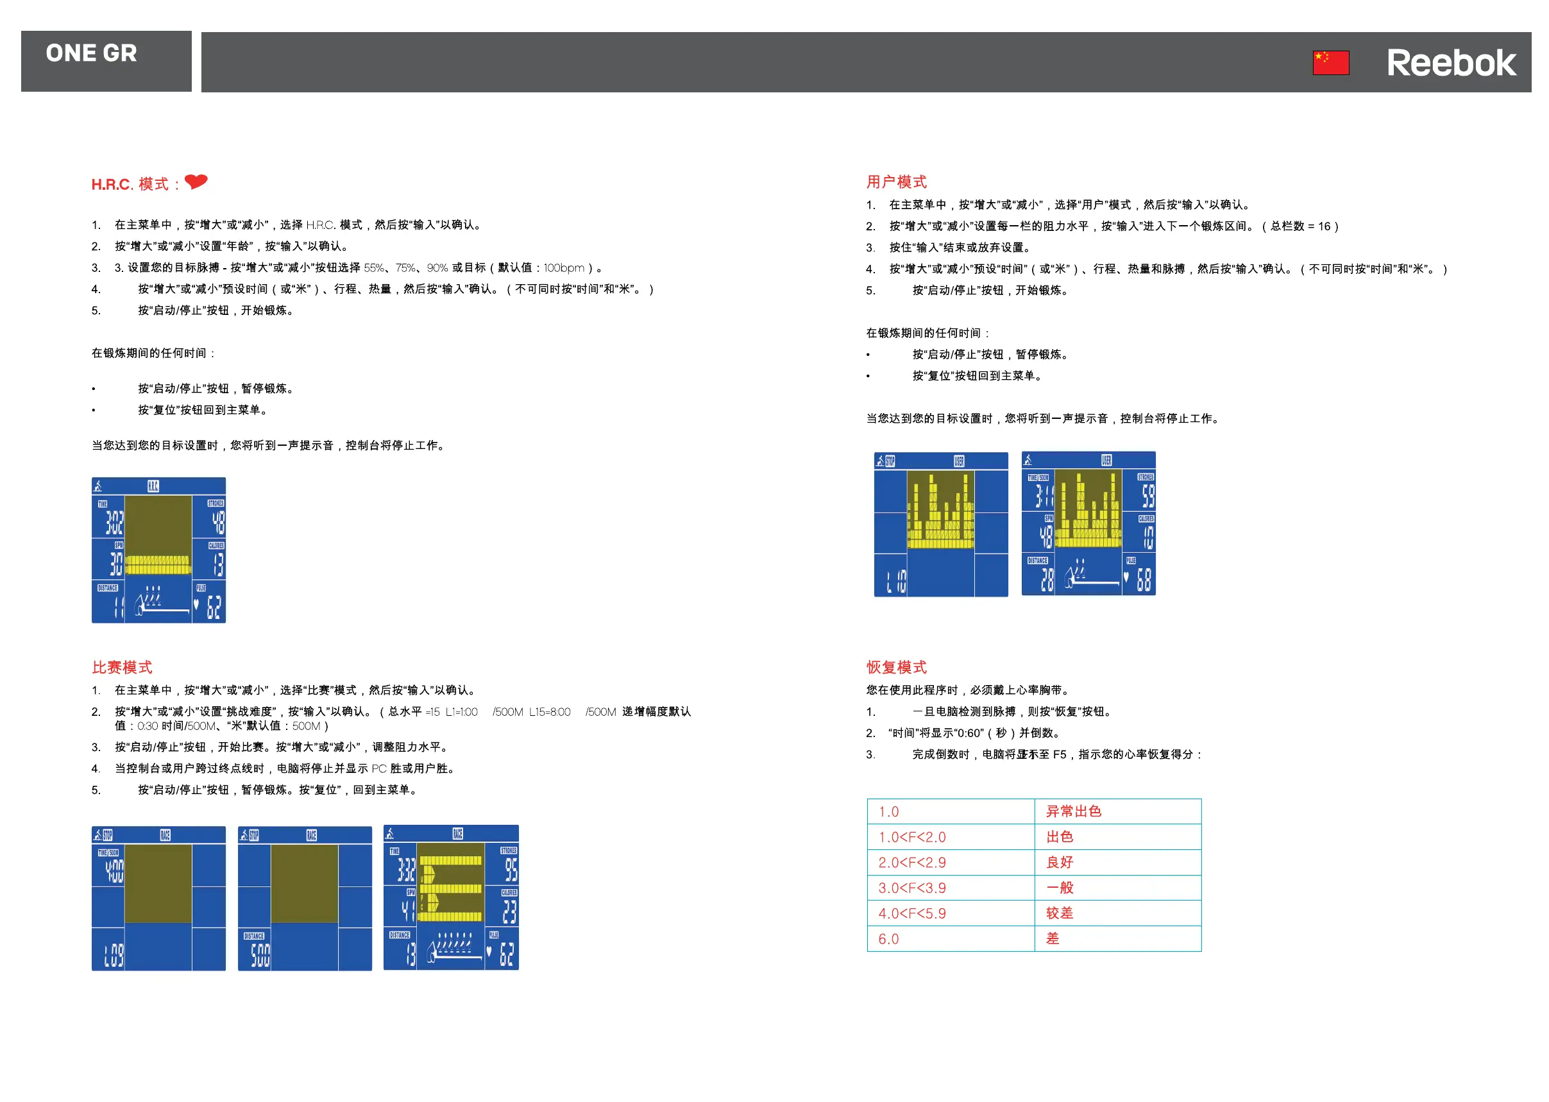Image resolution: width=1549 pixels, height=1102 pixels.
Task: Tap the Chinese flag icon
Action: [x=1330, y=62]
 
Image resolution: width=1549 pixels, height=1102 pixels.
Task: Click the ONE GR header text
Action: [x=92, y=53]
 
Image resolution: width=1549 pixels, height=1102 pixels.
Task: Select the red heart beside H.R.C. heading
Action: [x=196, y=181]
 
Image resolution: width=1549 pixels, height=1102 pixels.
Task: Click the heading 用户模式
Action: [x=895, y=182]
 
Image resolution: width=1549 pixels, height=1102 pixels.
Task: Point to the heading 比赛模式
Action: [x=122, y=667]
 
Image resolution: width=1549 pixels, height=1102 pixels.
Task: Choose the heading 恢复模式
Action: [x=895, y=667]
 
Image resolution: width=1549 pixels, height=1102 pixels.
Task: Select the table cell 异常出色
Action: [x=1073, y=811]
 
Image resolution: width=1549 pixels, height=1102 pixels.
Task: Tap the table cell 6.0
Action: [x=888, y=939]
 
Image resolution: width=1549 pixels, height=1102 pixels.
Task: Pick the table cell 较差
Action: [x=1059, y=913]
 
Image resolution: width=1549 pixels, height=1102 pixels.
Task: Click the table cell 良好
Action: [x=1059, y=863]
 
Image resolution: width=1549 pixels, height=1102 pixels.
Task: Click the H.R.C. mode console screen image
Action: [x=159, y=550]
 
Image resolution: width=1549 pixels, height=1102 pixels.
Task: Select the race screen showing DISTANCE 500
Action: [x=305, y=899]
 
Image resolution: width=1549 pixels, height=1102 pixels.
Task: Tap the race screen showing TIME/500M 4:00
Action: [x=159, y=899]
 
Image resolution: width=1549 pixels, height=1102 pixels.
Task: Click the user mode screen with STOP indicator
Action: [x=940, y=525]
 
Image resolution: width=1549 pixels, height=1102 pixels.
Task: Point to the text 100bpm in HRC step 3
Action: [x=563, y=268]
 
